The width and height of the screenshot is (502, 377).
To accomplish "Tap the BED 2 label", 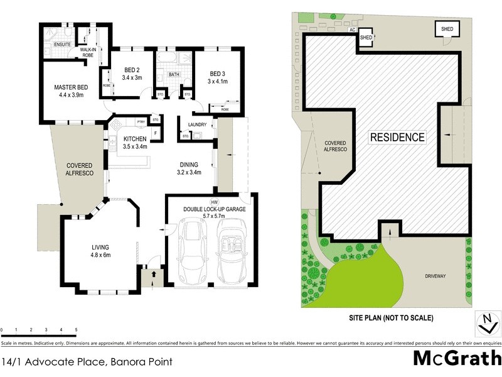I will click(x=132, y=70).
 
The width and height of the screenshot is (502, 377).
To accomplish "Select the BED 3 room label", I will click(x=218, y=72).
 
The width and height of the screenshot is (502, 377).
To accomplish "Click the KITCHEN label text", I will click(x=135, y=139).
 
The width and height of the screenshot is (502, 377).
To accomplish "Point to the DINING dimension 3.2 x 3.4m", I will click(x=188, y=172).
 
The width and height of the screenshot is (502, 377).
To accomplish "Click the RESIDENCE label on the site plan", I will click(x=397, y=137).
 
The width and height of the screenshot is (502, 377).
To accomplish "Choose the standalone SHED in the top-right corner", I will click(x=446, y=29).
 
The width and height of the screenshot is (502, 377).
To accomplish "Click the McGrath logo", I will click(x=457, y=358).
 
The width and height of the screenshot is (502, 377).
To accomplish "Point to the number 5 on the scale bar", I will click(x=76, y=329).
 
